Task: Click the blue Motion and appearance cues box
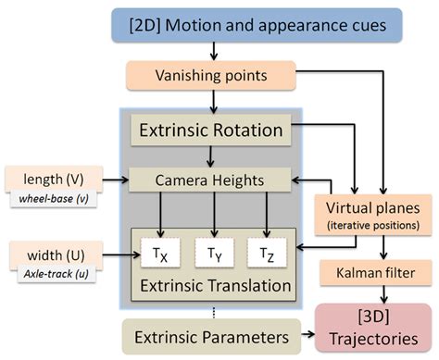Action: coord(260,26)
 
